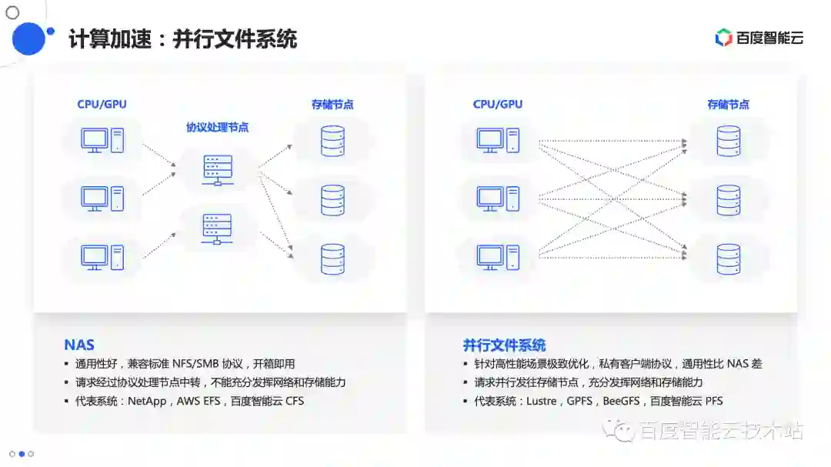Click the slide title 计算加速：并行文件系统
pyautogui.click(x=182, y=38)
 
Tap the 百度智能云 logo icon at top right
pyautogui.click(x=723, y=38)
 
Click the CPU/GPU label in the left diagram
pyautogui.click(x=102, y=104)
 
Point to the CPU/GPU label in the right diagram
pyautogui.click(x=497, y=104)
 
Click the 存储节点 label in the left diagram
pyautogui.click(x=332, y=105)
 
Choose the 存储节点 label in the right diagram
pyautogui.click(x=728, y=105)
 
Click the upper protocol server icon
pyautogui.click(x=217, y=169)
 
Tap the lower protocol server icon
pyautogui.click(x=217, y=229)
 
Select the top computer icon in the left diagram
pyautogui.click(x=102, y=141)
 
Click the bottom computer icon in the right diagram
pyautogui.click(x=498, y=257)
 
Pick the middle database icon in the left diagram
pyautogui.click(x=332, y=200)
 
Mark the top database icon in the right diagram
pyautogui.click(x=728, y=142)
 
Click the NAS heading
pyautogui.click(x=79, y=345)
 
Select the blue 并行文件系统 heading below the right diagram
pyautogui.click(x=504, y=345)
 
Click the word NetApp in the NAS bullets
pyautogui.click(x=148, y=401)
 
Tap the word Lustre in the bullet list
pyautogui.click(x=539, y=401)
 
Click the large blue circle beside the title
pyautogui.click(x=28, y=38)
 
